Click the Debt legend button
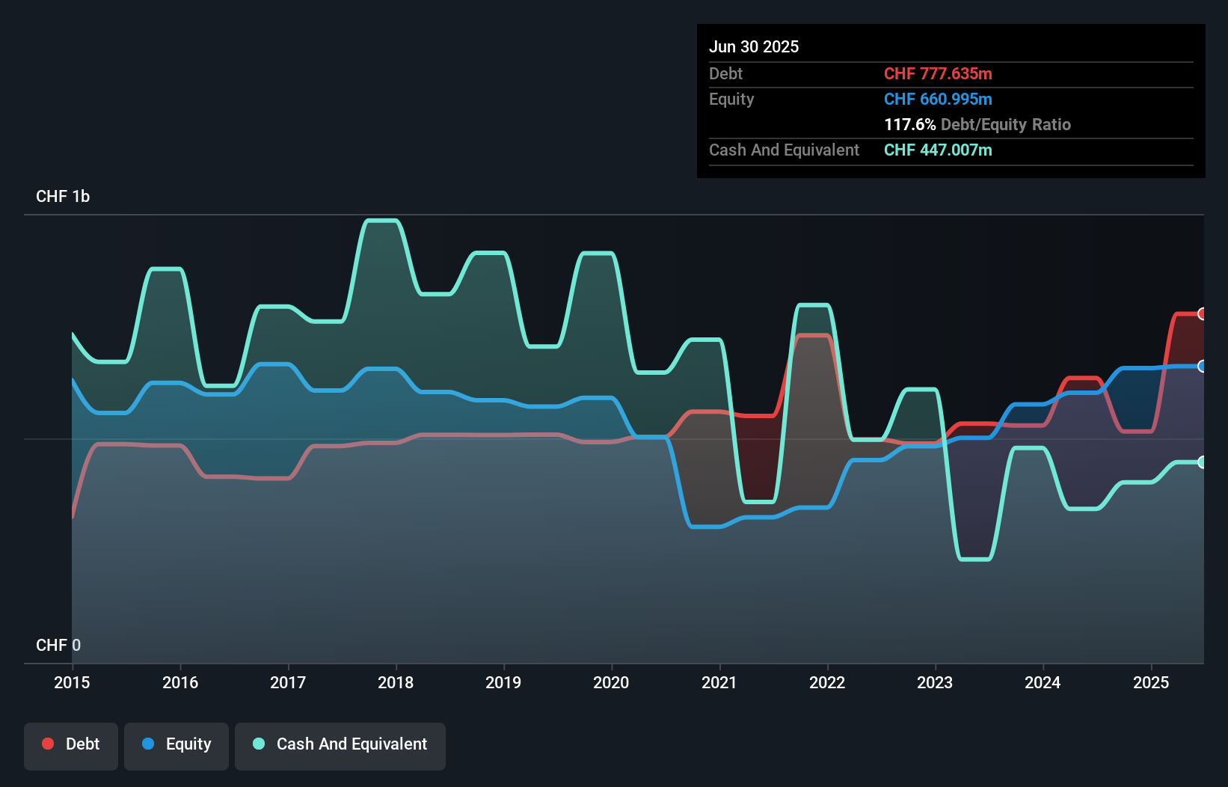tap(71, 744)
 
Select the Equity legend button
tap(176, 744)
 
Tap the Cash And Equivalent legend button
tap(340, 744)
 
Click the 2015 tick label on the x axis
tap(72, 682)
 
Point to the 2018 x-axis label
tap(396, 682)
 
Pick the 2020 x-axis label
tap(611, 682)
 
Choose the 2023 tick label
tap(935, 682)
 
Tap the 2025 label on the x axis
tap(1151, 682)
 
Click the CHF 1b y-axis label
tap(63, 196)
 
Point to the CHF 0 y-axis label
tap(58, 645)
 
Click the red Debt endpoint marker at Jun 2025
tap(1202, 314)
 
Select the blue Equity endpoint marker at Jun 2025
tap(1202, 367)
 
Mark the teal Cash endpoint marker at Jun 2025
tap(1202, 462)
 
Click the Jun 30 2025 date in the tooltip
tap(754, 46)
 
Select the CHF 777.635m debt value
tap(938, 73)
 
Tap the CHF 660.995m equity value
tap(938, 99)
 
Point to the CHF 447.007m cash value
tap(938, 150)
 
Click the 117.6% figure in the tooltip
tap(909, 124)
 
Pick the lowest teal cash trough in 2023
tap(975, 559)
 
